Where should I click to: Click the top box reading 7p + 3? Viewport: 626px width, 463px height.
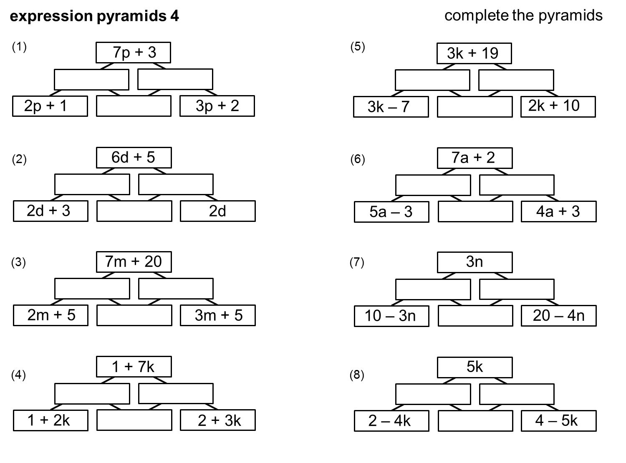tap(134, 53)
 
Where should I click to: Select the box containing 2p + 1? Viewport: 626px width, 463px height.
tap(50, 106)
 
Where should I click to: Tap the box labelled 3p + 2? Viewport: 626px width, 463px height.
tap(217, 106)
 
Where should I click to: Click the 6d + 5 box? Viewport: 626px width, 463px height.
tap(134, 158)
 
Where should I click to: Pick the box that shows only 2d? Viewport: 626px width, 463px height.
tap(217, 211)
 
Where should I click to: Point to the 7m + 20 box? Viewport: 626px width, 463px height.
tap(134, 262)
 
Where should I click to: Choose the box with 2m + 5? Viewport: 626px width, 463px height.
tap(50, 315)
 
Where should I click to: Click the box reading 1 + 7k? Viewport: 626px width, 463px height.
tap(134, 367)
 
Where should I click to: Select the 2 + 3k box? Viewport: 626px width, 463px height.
tap(217, 420)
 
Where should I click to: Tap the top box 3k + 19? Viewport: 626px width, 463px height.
tap(474, 53)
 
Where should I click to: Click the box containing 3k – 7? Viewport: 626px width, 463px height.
tap(391, 107)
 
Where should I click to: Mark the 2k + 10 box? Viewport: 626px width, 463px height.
tap(558, 107)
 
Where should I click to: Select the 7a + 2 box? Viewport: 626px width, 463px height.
tap(475, 158)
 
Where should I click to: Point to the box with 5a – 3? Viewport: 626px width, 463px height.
tap(391, 212)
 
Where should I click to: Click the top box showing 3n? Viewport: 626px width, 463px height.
tap(475, 262)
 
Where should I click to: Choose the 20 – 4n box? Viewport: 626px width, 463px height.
tap(558, 316)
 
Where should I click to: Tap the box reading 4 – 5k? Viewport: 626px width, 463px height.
tap(558, 421)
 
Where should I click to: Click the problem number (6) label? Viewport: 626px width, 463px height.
tap(358, 159)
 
